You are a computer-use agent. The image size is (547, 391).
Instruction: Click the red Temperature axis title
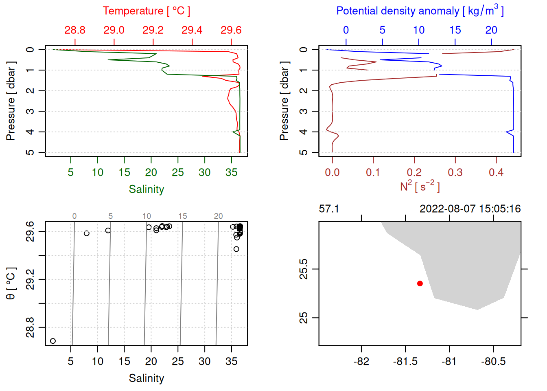point(146,11)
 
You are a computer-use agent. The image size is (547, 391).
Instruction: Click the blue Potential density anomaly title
point(420,11)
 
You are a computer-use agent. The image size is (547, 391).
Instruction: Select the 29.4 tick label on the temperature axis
point(192,30)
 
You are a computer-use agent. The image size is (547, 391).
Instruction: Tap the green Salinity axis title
point(146,189)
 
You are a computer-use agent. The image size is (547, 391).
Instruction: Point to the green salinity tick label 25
point(178,173)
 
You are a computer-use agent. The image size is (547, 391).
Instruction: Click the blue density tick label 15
point(455,30)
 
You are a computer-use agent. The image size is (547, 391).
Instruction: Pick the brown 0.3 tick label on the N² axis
point(455,173)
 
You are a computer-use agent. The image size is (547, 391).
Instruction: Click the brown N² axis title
point(420,186)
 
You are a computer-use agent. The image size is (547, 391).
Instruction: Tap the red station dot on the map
point(420,283)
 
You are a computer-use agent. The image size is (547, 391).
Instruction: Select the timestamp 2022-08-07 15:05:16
point(470,209)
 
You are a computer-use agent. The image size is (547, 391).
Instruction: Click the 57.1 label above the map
point(329,209)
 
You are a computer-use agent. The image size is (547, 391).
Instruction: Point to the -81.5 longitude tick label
point(405,362)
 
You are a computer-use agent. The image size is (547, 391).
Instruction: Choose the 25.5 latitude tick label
point(304,269)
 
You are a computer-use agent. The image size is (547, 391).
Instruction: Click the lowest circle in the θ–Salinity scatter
point(53,341)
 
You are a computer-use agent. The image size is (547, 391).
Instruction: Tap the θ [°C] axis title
point(11,283)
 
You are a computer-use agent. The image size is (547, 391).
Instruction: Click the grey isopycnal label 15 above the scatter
point(183,216)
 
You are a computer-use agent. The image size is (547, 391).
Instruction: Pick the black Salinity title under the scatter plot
point(146,378)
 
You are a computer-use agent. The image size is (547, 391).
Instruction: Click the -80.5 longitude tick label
point(493,362)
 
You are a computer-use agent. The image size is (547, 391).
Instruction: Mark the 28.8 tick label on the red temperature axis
point(75,30)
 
